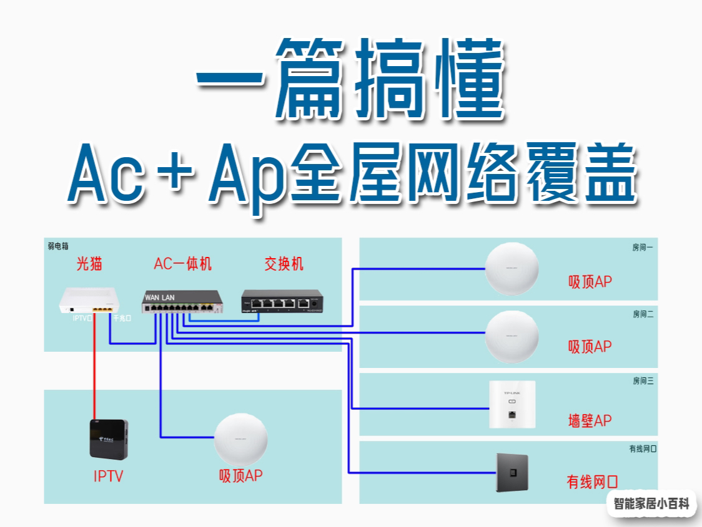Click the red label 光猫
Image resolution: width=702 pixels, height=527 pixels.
(x=89, y=264)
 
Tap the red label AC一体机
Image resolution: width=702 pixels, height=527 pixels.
(x=182, y=264)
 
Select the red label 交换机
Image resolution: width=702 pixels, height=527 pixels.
(x=284, y=264)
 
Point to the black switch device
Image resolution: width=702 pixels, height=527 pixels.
(x=284, y=301)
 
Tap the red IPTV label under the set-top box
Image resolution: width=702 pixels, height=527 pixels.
(x=108, y=477)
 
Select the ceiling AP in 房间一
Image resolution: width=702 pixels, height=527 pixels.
(x=512, y=269)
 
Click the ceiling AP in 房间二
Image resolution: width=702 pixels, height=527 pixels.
(x=512, y=336)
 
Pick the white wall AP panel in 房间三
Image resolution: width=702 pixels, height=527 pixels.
(x=512, y=404)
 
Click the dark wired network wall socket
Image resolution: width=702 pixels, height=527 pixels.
(x=512, y=472)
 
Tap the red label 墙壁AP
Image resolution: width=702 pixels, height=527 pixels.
(x=589, y=421)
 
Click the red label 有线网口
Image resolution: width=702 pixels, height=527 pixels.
(x=592, y=481)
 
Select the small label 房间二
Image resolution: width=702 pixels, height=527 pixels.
(x=643, y=314)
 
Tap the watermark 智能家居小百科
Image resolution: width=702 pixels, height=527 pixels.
(x=651, y=503)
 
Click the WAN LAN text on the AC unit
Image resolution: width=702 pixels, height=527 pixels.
(x=160, y=297)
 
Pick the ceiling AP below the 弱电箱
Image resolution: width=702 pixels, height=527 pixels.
(x=241, y=440)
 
